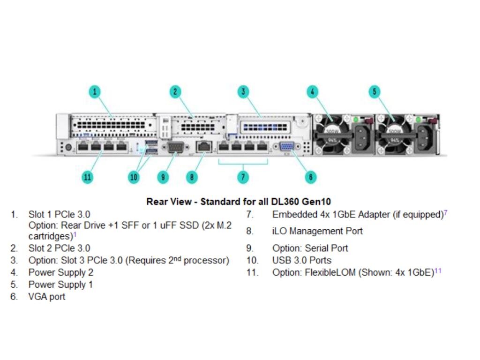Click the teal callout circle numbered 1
95,91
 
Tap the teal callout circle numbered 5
374,91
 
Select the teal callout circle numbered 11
87,177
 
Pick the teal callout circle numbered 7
242,177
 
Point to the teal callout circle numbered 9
163,177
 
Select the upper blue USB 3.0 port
150,142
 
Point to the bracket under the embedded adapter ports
242,164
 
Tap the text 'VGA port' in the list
47,297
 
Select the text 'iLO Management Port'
317,231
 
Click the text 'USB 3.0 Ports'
301,260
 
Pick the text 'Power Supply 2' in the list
61,272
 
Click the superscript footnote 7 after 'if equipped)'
445,213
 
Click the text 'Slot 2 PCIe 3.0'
59,248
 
